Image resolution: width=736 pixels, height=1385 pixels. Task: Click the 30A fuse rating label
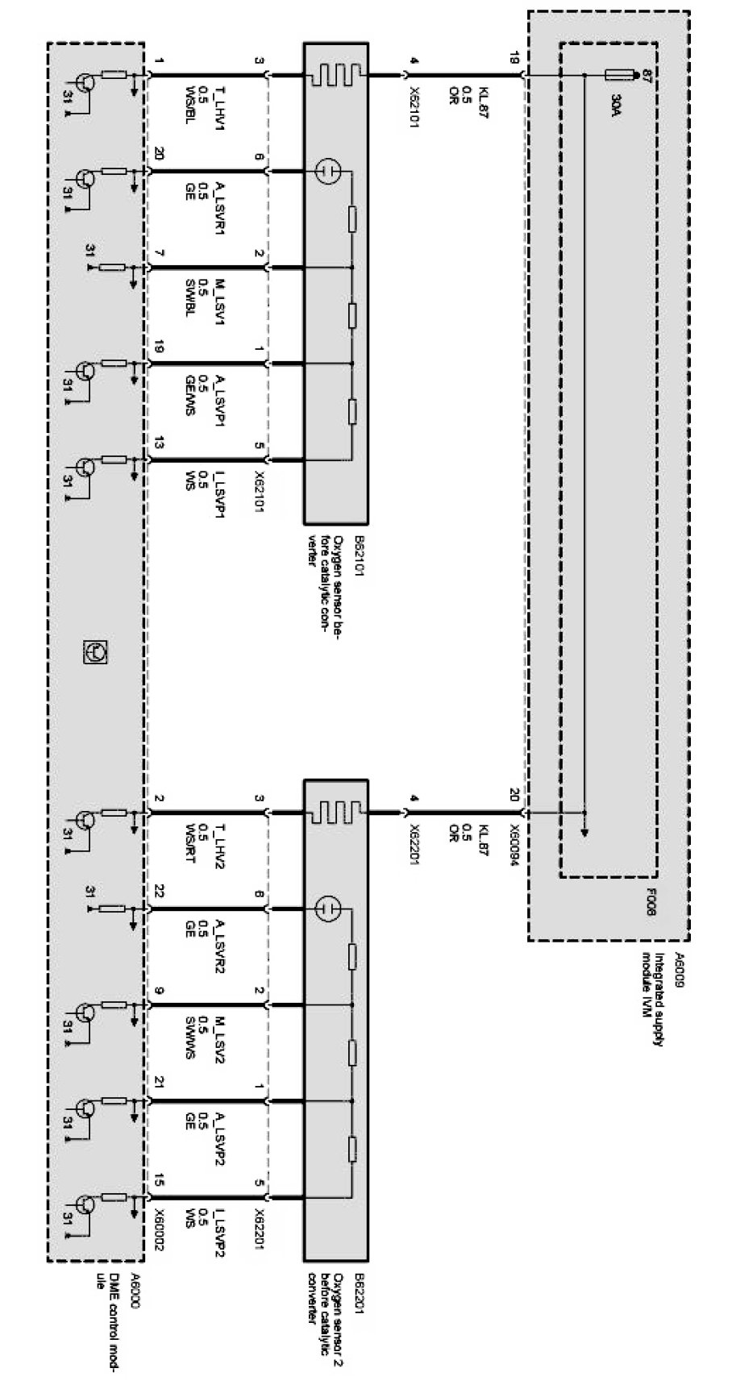click(617, 105)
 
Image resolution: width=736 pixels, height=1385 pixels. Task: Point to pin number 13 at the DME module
click(159, 442)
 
